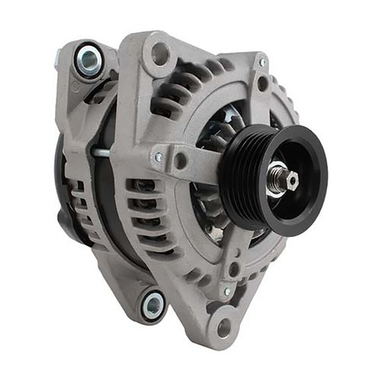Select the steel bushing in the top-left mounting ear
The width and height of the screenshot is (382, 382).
coord(88,60)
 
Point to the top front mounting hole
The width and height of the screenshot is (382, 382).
coord(160,53)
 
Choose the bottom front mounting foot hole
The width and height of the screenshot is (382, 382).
coord(224,328)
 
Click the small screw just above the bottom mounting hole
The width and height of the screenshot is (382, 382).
coord(226,291)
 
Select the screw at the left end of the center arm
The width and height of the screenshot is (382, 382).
coord(158,157)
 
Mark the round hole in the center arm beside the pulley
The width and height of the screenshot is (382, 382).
coord(181,161)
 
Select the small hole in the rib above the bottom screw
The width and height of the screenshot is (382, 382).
coord(233,269)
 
